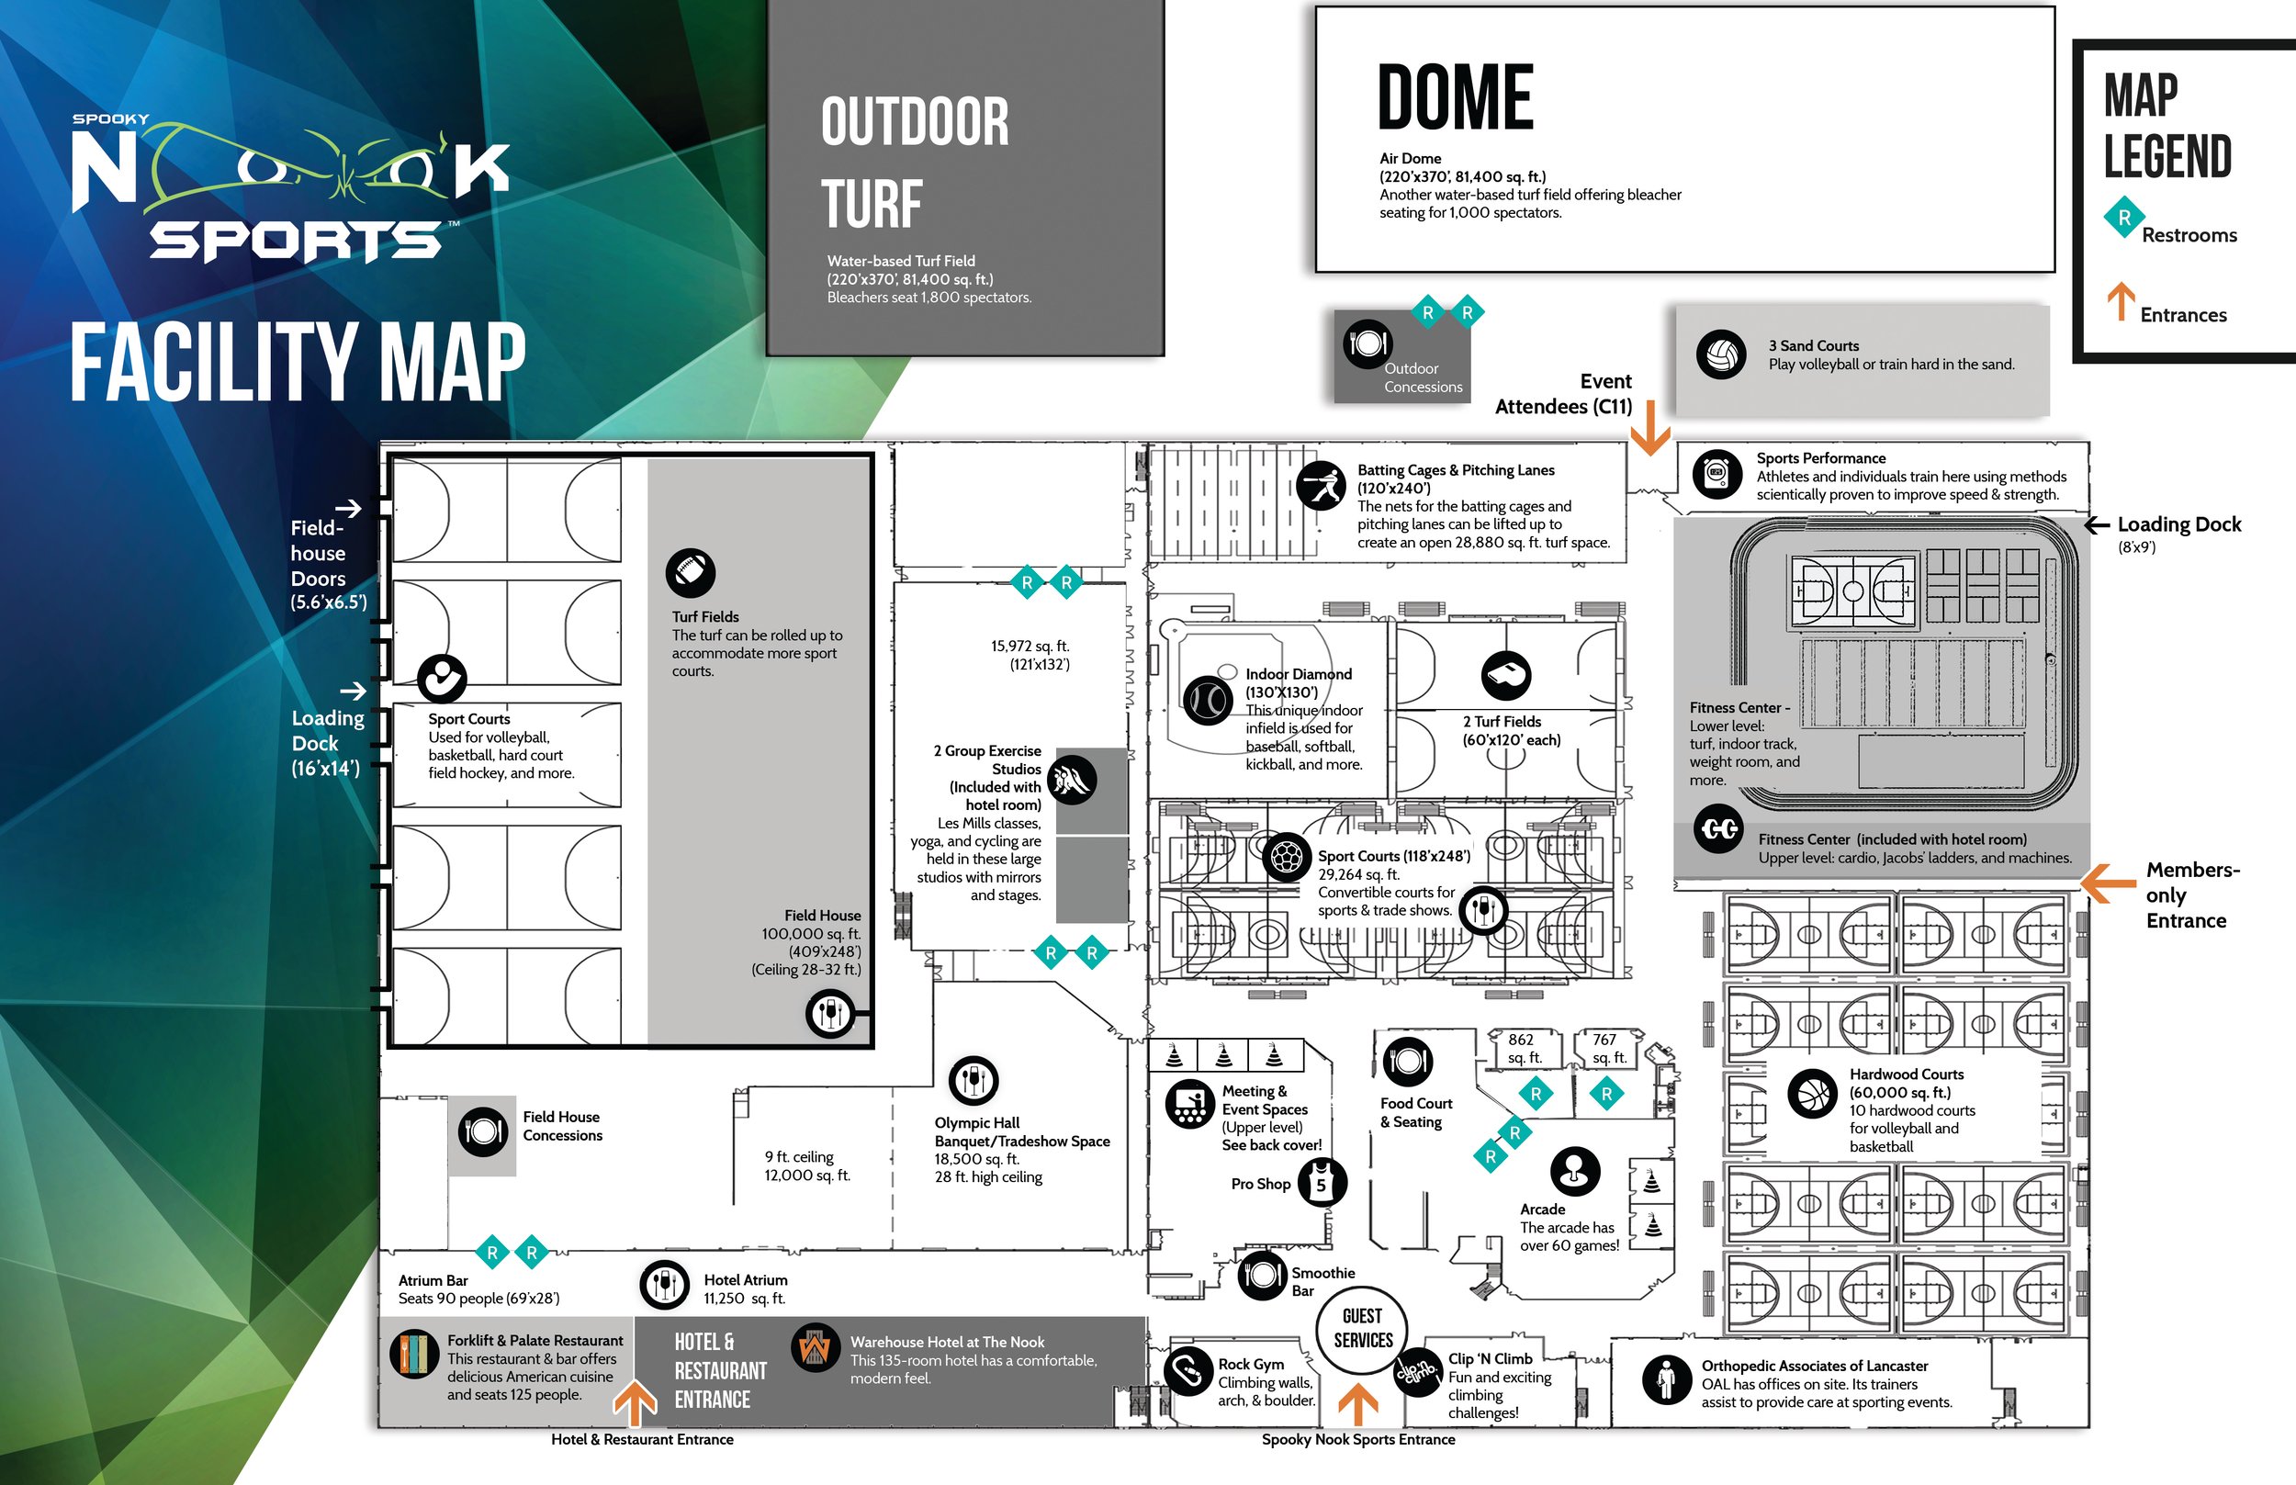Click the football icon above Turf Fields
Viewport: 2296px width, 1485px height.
point(691,573)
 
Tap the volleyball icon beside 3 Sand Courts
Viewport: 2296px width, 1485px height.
point(1721,354)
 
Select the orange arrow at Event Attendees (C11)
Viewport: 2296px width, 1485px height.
point(1650,427)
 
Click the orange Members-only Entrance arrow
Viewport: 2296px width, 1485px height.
point(2107,882)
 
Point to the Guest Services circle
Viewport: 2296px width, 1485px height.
point(1363,1329)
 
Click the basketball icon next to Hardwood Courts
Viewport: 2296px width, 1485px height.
point(1813,1094)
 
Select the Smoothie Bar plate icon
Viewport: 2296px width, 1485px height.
point(1262,1275)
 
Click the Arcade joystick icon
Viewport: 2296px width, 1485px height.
point(1575,1171)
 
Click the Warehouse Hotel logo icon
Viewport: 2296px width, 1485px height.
point(815,1348)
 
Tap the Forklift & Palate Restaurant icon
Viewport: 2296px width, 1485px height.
point(414,1354)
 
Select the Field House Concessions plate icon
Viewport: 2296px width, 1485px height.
point(483,1131)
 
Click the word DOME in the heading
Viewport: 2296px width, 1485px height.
point(1455,96)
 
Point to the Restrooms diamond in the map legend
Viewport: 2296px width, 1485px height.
point(2123,218)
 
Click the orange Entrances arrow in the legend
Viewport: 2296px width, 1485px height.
point(2120,301)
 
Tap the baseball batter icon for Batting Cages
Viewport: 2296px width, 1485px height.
point(1321,485)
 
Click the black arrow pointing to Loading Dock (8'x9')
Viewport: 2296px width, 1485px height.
point(2097,524)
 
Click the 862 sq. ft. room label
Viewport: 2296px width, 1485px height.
point(1524,1048)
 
